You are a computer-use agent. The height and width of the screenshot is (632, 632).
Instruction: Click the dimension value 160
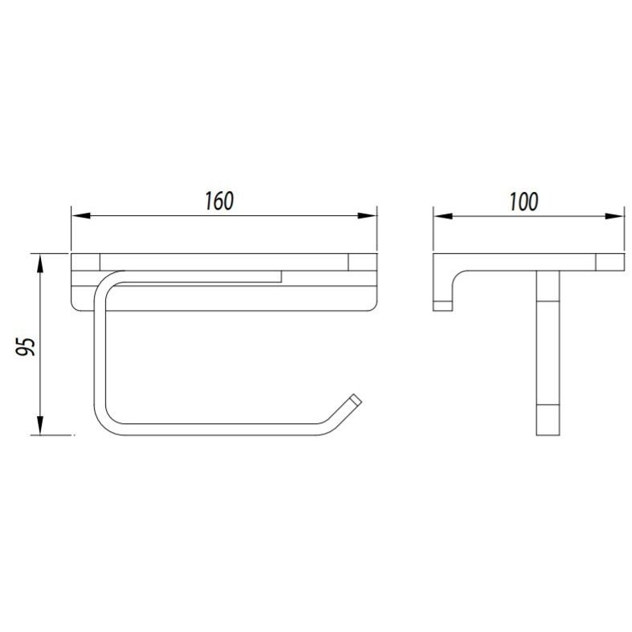[219, 201]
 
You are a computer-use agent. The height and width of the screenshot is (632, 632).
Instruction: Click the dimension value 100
[524, 202]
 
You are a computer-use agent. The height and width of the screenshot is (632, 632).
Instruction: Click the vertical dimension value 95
[26, 346]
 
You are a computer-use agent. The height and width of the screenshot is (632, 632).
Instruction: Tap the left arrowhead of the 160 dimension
[80, 216]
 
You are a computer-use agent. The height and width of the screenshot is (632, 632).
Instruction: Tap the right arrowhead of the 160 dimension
[367, 216]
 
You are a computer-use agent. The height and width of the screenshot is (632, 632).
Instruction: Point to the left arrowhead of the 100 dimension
[443, 217]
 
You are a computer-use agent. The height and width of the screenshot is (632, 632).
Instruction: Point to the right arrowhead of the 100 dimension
[614, 217]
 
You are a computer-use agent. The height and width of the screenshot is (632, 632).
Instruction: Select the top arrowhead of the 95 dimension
[40, 263]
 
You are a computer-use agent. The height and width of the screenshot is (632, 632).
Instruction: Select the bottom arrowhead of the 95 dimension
[40, 426]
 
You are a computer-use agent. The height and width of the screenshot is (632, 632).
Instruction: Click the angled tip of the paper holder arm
[356, 400]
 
